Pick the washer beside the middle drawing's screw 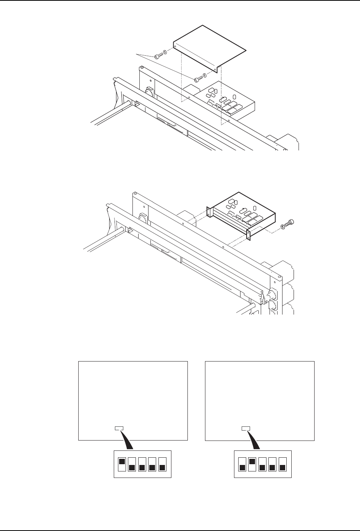[283, 226]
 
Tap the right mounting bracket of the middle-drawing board [249, 235]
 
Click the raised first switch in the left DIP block [123, 462]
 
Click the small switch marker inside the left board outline [119, 428]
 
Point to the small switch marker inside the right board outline [246, 428]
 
